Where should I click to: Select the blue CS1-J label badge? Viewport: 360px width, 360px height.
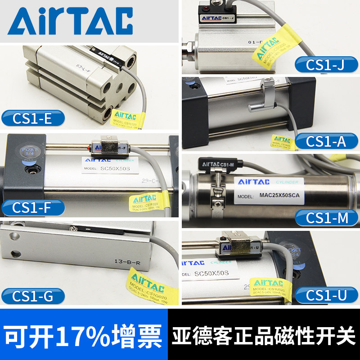327,65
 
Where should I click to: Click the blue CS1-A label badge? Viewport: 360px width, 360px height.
327,141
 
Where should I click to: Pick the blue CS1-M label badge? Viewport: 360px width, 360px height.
327,218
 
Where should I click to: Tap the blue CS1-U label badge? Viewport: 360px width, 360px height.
327,295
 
